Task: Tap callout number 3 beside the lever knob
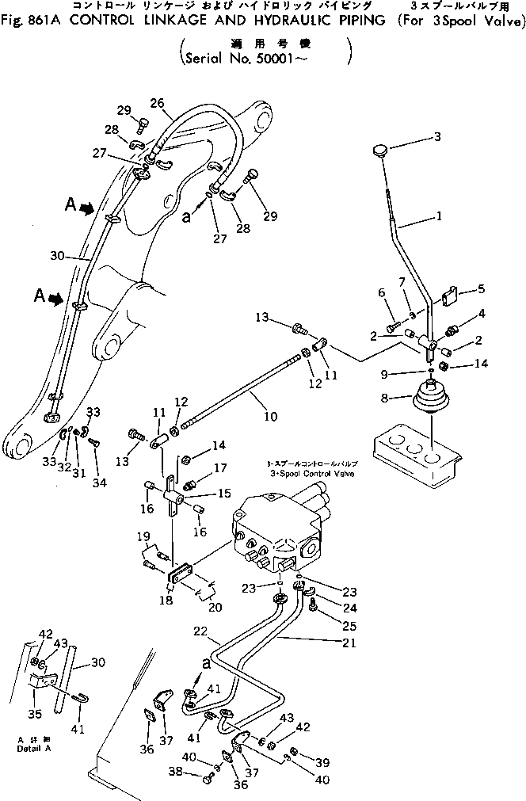tap(459, 137)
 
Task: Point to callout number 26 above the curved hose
tap(157, 103)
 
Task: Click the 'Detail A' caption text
tap(31, 748)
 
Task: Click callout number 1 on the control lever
tap(439, 215)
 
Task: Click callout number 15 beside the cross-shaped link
tap(223, 492)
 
